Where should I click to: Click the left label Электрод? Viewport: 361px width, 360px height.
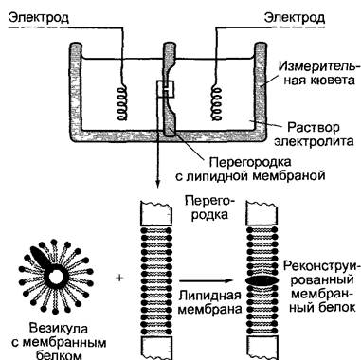(x=39, y=18)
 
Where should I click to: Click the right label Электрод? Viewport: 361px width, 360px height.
(x=295, y=18)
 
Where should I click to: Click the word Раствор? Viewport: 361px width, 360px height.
(x=314, y=127)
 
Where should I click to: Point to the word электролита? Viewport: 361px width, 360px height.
(x=314, y=141)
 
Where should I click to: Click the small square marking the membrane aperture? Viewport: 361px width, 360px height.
(x=165, y=89)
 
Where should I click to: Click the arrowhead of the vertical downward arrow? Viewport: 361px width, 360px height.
(x=157, y=184)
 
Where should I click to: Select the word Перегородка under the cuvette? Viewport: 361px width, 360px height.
(x=250, y=162)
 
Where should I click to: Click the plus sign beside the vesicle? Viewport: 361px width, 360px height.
(x=119, y=279)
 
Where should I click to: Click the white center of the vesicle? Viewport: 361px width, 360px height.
(x=56, y=277)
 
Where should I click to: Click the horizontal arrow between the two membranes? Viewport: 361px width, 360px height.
(x=207, y=280)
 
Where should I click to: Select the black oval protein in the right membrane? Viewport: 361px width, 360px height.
(x=262, y=280)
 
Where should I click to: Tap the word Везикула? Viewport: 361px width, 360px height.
(x=59, y=329)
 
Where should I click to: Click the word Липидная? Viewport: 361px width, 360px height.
(x=209, y=296)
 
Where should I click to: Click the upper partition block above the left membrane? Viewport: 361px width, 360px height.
(x=156, y=214)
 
